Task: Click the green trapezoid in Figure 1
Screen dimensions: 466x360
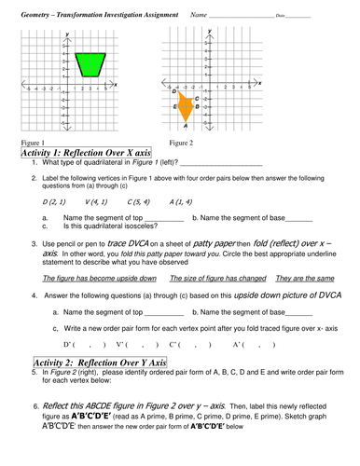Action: [x=89, y=64]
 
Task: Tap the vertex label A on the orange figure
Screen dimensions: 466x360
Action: [x=187, y=125]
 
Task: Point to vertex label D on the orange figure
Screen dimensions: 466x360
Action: [x=174, y=91]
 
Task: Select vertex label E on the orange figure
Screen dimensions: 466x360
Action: [x=175, y=107]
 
